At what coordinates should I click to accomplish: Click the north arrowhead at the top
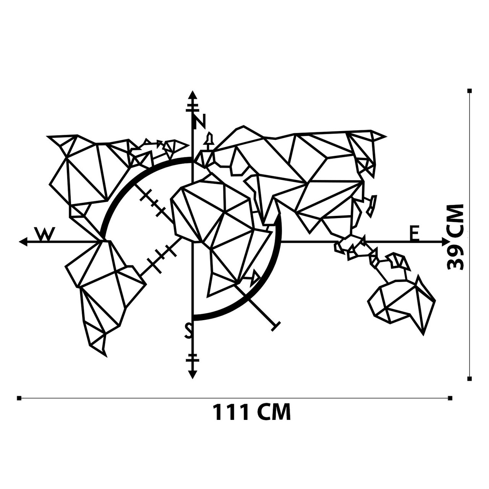coord(193,95)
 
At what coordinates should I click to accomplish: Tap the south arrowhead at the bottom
coord(193,374)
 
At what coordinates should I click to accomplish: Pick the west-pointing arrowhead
coord(23,242)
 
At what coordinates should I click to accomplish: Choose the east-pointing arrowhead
coord(446,242)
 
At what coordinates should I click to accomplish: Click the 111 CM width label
coord(251,412)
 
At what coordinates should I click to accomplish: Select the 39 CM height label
coord(455,237)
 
